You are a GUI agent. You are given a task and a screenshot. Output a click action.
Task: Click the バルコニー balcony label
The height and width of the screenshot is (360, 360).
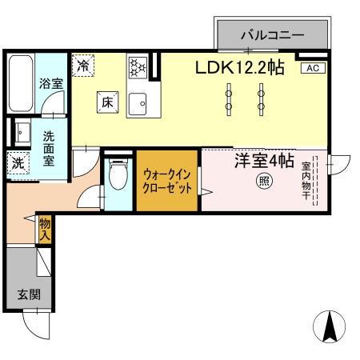pyautogui.click(x=273, y=35)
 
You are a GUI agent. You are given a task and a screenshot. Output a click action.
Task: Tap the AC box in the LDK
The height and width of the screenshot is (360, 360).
pyautogui.click(x=312, y=69)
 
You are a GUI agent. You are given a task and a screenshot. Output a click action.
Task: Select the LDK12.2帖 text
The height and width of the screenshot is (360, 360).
pyautogui.click(x=240, y=68)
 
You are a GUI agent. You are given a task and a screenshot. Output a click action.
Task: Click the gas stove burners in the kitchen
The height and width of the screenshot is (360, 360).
pyautogui.click(x=137, y=66)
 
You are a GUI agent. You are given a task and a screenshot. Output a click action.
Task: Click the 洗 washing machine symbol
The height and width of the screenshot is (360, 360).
pyautogui.click(x=18, y=164)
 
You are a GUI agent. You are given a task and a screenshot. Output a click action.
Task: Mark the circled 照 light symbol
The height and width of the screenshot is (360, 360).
pyautogui.click(x=262, y=182)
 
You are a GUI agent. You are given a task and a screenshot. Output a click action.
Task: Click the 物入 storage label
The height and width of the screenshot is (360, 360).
pyautogui.click(x=45, y=230)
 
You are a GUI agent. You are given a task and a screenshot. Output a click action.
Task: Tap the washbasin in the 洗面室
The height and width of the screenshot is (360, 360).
pyautogui.click(x=21, y=134)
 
